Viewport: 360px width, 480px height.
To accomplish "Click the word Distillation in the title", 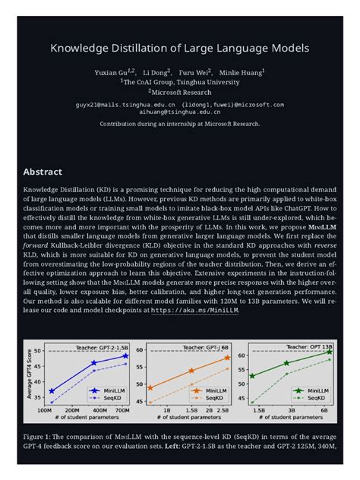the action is point(139,49).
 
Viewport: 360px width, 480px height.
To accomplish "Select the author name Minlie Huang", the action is point(243,73).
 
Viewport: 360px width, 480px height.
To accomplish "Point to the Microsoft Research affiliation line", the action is point(181,93).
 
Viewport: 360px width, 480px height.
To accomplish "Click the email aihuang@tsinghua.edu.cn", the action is point(180,111).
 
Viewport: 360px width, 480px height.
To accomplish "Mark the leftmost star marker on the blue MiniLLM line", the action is point(52,391).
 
